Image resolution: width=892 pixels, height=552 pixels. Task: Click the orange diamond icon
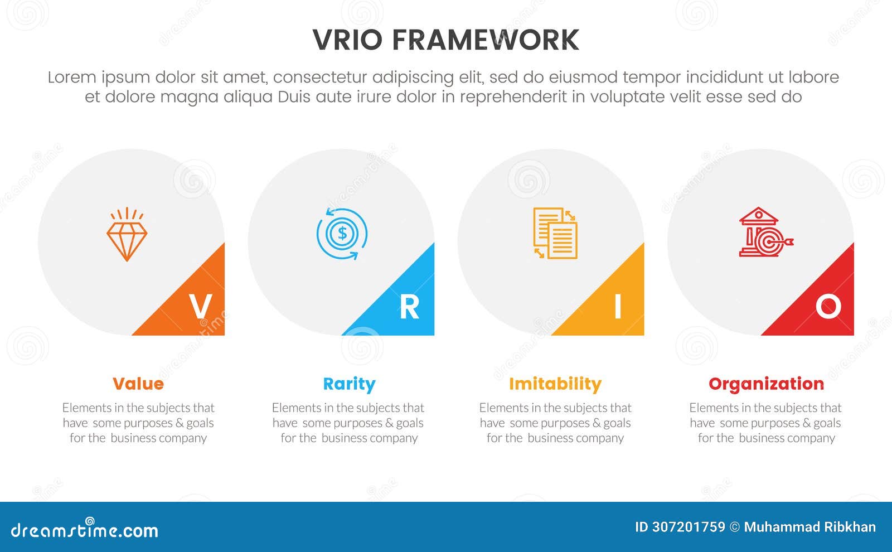127,234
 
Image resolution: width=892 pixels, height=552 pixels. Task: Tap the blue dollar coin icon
342,234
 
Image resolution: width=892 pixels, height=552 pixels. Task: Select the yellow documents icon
555,233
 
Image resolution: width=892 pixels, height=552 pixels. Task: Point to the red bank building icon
765,233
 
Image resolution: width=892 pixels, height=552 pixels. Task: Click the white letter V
201,306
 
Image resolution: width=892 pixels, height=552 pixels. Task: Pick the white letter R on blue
409,307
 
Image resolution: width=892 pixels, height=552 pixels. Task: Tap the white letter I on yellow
618,306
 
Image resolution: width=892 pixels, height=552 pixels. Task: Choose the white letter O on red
828,306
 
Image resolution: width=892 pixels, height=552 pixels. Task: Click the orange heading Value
138,384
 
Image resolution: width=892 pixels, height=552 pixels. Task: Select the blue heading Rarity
349,384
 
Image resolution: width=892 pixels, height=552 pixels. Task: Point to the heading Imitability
555,384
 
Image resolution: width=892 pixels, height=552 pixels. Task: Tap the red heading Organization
766,384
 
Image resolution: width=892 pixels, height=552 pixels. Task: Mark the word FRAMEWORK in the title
486,40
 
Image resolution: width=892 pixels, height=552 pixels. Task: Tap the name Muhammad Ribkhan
809,527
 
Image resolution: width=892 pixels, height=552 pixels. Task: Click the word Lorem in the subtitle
72,78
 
